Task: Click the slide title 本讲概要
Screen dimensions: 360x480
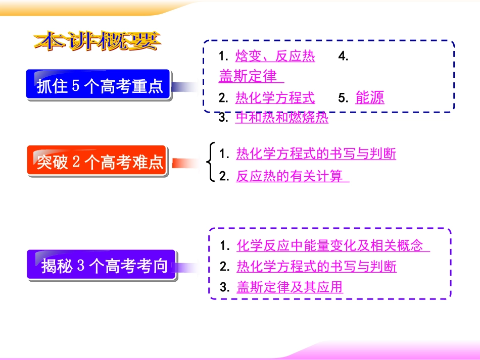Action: pos(97,41)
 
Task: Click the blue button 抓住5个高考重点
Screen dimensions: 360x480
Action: pos(100,86)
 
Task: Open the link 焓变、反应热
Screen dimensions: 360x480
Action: pos(275,57)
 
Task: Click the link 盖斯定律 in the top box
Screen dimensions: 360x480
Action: pos(251,76)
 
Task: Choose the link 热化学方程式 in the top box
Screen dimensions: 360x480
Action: pos(275,97)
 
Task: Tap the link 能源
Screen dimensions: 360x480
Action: pos(370,97)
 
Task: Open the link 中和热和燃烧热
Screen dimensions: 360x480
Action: pos(281,118)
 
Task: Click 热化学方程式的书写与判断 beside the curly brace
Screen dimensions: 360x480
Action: pos(316,153)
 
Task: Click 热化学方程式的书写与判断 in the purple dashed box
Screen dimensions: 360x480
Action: pos(316,266)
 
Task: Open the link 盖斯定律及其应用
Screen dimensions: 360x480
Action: pos(290,287)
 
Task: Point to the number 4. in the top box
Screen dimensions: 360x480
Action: pos(344,57)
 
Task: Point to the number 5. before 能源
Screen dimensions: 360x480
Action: pos(344,98)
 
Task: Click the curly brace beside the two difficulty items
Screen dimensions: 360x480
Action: pos(210,162)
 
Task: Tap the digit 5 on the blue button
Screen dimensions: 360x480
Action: pos(76,86)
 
